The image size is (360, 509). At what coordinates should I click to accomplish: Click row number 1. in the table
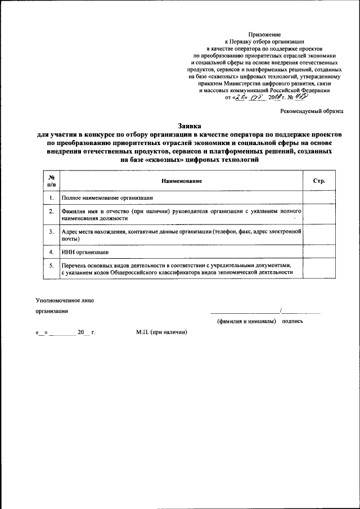click(x=51, y=198)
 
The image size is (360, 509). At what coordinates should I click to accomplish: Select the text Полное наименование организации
click(x=107, y=198)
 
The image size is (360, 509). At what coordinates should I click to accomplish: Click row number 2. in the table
click(x=51, y=212)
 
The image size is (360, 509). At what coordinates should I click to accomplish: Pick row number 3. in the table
click(x=51, y=232)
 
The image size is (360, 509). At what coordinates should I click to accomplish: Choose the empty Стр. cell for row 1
click(x=318, y=198)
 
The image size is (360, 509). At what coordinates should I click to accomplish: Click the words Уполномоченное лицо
click(x=65, y=300)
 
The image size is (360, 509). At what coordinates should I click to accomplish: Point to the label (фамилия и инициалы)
click(x=246, y=322)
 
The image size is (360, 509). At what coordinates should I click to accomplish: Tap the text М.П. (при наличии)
click(x=161, y=332)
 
